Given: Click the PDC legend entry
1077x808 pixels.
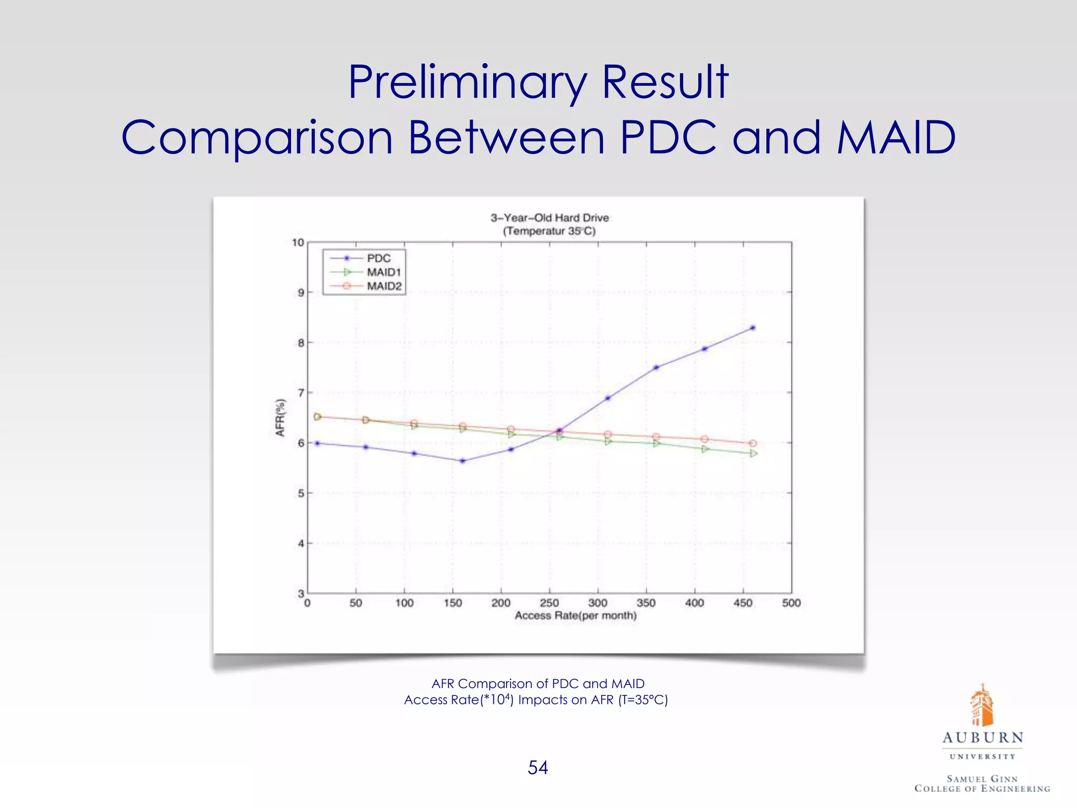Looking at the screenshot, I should pyautogui.click(x=378, y=258).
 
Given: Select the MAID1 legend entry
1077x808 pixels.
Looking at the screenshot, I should pyautogui.click(x=383, y=272).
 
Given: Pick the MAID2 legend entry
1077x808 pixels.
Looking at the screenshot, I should pyautogui.click(x=383, y=286).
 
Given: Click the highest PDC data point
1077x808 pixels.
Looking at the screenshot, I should pyautogui.click(x=753, y=328).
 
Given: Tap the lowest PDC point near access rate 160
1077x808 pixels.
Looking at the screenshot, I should pyautogui.click(x=462, y=461).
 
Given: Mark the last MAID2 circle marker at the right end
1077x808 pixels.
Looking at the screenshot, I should pyautogui.click(x=753, y=443).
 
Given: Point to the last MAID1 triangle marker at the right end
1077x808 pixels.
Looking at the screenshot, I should pyautogui.click(x=753, y=453).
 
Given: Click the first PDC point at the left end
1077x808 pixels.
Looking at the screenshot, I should pyautogui.click(x=317, y=443).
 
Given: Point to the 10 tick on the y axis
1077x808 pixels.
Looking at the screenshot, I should pyautogui.click(x=298, y=243).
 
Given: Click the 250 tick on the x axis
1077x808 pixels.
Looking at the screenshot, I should pyautogui.click(x=549, y=603).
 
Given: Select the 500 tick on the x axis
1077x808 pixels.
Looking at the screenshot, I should pyautogui.click(x=791, y=603).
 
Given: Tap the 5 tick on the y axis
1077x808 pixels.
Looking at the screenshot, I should pyautogui.click(x=301, y=493).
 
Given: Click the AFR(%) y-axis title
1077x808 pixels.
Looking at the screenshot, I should pyautogui.click(x=280, y=418).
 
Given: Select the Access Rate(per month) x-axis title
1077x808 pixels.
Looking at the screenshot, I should pyautogui.click(x=575, y=615).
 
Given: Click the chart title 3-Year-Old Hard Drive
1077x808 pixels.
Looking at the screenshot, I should pyautogui.click(x=550, y=218).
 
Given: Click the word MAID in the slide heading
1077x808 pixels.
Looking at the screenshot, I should pyautogui.click(x=896, y=137).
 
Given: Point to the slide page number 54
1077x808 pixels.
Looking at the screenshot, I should pyautogui.click(x=537, y=767).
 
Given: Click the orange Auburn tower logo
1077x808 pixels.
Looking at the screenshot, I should pyautogui.click(x=982, y=705).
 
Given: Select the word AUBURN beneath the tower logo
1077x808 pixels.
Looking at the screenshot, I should pyautogui.click(x=982, y=738).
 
